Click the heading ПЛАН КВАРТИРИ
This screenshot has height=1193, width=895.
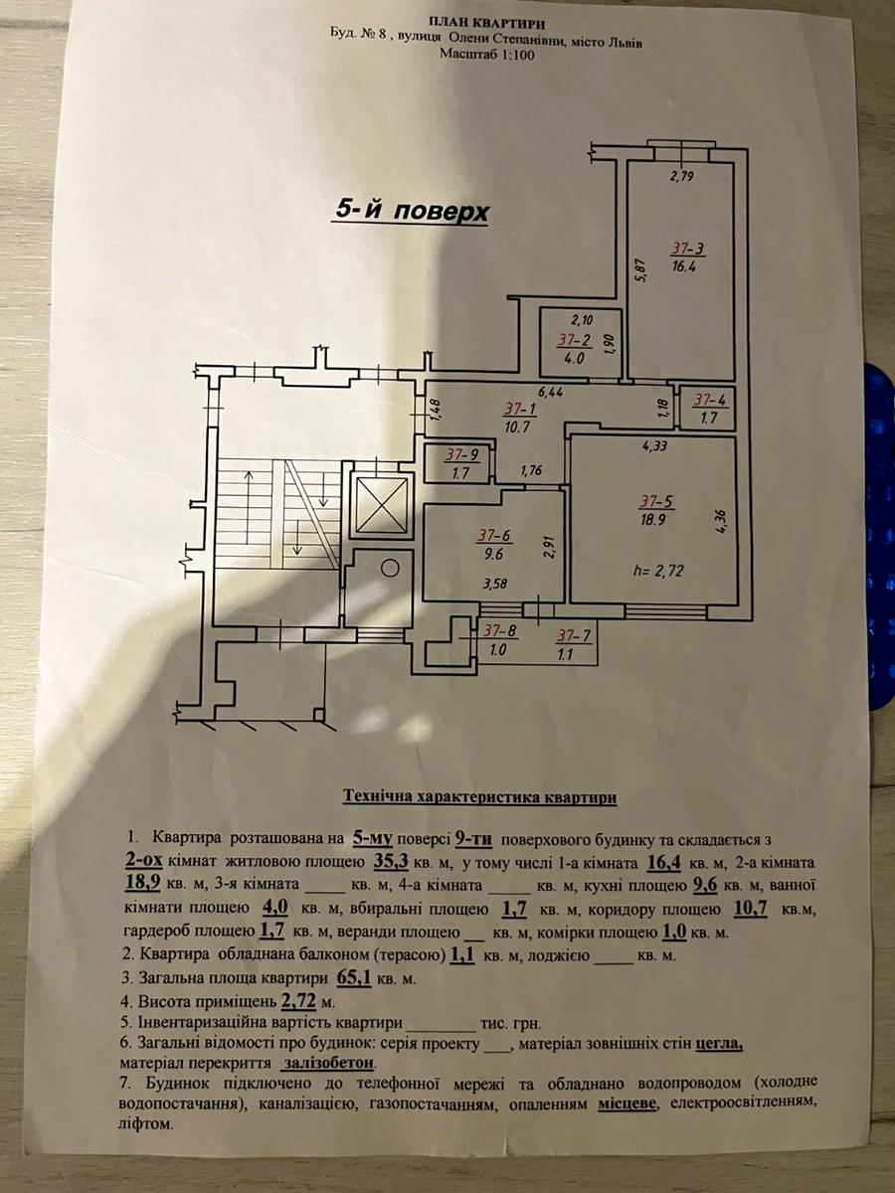pos(486,20)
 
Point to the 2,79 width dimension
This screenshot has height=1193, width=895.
pos(681,177)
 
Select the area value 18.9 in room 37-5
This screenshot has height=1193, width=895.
pos(652,518)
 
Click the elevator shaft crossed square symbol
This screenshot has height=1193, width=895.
pos(382,503)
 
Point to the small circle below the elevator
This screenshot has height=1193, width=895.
pos(391,568)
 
